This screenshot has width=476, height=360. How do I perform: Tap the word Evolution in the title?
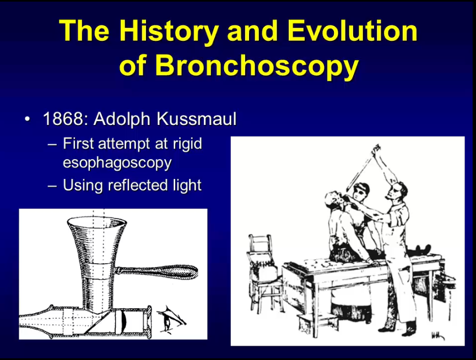coord(353,31)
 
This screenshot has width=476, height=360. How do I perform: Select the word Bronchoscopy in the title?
coord(257,67)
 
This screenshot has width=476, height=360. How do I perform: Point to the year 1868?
coord(63,118)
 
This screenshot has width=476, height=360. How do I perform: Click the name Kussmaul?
coord(197,118)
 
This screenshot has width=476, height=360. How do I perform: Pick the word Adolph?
coord(122,119)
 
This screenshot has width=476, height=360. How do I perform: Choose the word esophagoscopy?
coord(117,163)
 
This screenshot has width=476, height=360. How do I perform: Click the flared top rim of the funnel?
coord(97,221)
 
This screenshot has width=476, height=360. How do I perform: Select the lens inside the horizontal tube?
coord(123,322)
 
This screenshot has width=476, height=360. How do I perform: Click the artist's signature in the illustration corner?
coord(437,335)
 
